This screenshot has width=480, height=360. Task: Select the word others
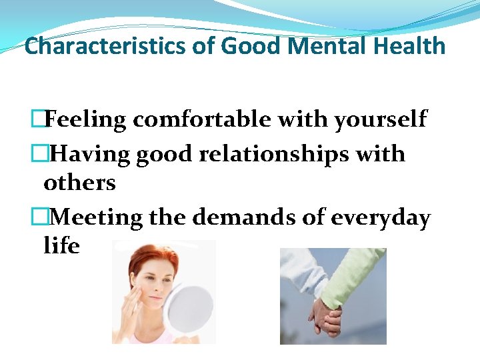[x=79, y=183]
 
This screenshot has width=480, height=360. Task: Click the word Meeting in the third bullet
[x=96, y=218]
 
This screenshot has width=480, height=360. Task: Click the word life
[x=61, y=246]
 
